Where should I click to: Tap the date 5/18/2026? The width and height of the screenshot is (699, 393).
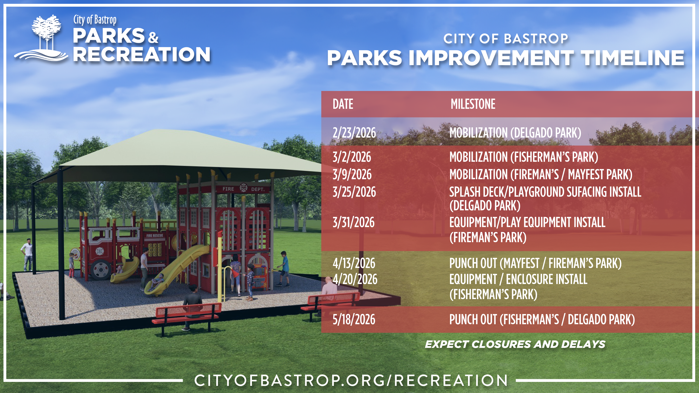354,319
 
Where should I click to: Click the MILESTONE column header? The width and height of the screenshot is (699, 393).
473,104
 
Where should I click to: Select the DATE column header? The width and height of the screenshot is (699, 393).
343,104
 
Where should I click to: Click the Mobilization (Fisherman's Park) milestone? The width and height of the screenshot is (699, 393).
524,157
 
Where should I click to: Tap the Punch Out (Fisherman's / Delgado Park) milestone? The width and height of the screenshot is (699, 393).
542,319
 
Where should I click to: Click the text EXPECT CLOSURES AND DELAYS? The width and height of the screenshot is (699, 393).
515,344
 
